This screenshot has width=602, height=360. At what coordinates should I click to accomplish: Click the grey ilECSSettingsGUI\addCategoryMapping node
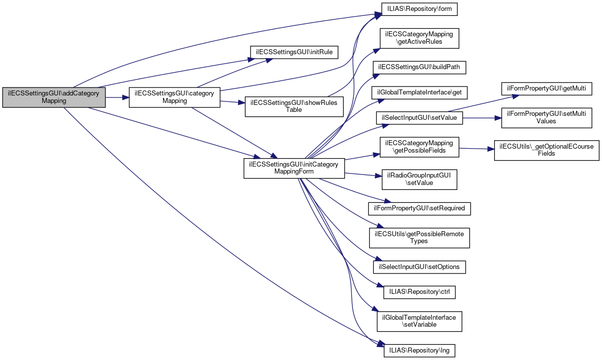pyautogui.click(x=54, y=97)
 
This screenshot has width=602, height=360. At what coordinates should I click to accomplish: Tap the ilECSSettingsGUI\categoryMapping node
pyautogui.click(x=174, y=97)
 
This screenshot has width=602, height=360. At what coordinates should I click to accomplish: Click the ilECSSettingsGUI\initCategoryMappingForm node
pyautogui.click(x=294, y=169)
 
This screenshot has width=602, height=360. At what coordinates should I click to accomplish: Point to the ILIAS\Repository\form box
pyautogui.click(x=419, y=9)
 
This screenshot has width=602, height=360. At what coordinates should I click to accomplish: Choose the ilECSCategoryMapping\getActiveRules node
pyautogui.click(x=419, y=38)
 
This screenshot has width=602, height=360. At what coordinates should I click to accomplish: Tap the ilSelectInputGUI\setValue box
pyautogui.click(x=420, y=118)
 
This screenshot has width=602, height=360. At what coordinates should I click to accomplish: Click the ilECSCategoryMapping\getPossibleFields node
pyautogui.click(x=420, y=147)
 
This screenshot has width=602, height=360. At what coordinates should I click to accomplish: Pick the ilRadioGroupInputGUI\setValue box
pyautogui.click(x=419, y=179)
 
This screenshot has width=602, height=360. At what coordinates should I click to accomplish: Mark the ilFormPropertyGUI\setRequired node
pyautogui.click(x=419, y=208)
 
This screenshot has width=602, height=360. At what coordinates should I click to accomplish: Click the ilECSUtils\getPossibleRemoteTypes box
pyautogui.click(x=419, y=238)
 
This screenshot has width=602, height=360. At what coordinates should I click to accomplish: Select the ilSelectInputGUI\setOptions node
pyautogui.click(x=420, y=267)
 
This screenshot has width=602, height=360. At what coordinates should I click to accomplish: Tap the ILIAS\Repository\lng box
pyautogui.click(x=419, y=351)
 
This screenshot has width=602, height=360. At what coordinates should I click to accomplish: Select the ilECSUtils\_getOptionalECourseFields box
pyautogui.click(x=546, y=150)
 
